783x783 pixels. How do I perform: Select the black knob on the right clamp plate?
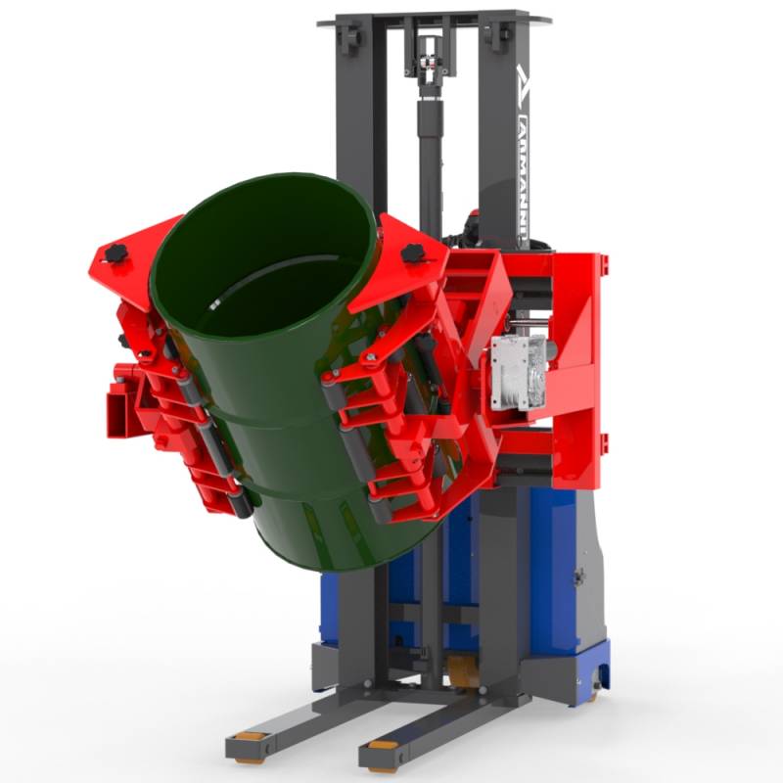tap(412, 253)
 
